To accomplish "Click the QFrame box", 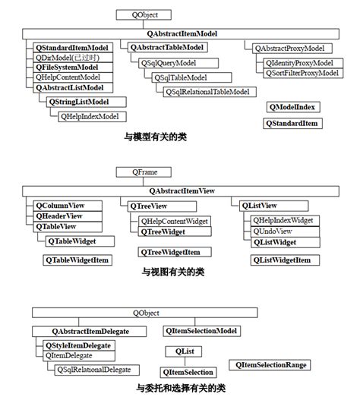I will (137, 172).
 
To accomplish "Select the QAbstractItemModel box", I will (180, 33).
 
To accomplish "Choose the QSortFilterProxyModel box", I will (302, 73).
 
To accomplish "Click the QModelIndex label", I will (292, 107).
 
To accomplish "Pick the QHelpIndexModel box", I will (92, 116).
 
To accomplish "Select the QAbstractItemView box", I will (182, 190).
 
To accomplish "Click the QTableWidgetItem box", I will (79, 260).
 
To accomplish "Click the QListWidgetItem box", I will (281, 260).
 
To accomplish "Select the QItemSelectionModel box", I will (202, 331).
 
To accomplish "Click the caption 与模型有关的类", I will (156, 137).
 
